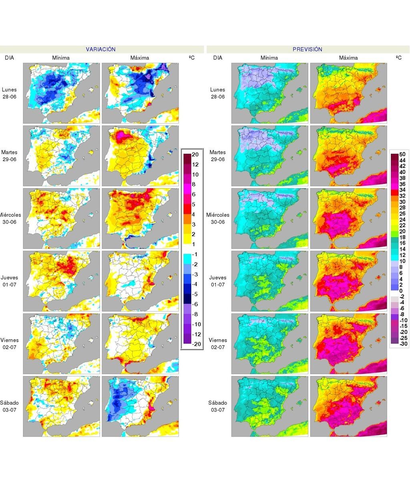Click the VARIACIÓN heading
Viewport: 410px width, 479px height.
coord(100,49)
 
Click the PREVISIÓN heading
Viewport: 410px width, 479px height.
coord(307,49)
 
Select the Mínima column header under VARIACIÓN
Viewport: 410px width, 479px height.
coord(61,58)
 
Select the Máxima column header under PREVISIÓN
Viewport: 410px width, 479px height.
coord(348,58)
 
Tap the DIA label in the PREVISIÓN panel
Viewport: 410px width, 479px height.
coord(218,58)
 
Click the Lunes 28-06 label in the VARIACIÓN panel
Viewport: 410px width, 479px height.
coord(10,93)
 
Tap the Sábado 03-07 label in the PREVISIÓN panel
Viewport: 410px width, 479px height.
coord(218,406)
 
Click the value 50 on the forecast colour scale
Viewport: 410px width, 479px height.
coord(402,154)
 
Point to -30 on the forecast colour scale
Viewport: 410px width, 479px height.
coord(403,343)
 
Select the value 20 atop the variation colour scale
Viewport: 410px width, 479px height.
coord(195,155)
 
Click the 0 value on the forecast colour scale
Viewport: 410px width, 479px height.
coord(401,291)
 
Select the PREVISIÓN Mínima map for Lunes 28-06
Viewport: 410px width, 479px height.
coord(269,93)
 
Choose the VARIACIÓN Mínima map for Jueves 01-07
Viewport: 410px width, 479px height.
coord(61,281)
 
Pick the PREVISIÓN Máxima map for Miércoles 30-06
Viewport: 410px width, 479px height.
coord(348,218)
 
